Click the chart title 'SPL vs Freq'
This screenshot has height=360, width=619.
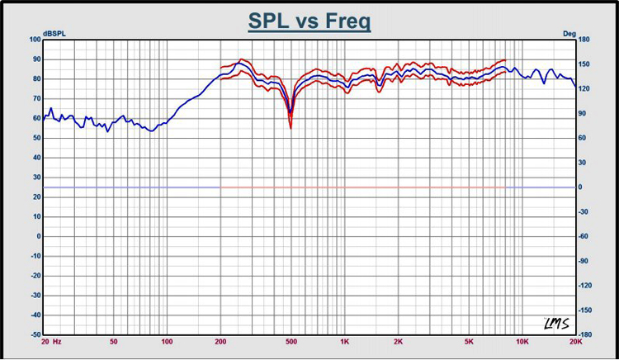pos(309,21)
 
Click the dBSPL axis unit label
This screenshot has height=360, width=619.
pos(54,34)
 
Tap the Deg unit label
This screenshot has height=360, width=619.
pos(569,34)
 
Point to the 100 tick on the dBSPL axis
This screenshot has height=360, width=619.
pos(35,40)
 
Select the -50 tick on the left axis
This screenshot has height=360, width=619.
pos(35,334)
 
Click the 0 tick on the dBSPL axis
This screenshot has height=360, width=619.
pos(39,236)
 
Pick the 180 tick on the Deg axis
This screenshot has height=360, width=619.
pos(584,40)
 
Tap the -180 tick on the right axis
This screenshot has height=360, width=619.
pos(585,334)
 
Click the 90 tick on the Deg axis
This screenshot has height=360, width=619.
pos(583,113)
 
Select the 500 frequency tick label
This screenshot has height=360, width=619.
pos(291,342)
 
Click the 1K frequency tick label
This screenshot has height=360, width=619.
pos(345,342)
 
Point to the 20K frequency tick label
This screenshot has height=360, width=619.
pos(575,342)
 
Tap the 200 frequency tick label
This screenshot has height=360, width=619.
pos(220,342)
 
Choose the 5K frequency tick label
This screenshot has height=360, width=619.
pos(469,342)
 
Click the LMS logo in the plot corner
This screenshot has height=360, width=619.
pos(556,324)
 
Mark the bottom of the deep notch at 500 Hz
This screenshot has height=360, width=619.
pos(291,128)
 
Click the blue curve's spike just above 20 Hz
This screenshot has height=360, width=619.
pos(50,108)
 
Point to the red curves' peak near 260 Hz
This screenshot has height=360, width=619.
pos(241,59)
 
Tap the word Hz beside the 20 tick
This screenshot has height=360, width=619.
pos(57,342)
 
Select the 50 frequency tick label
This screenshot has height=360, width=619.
pos(114,342)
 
